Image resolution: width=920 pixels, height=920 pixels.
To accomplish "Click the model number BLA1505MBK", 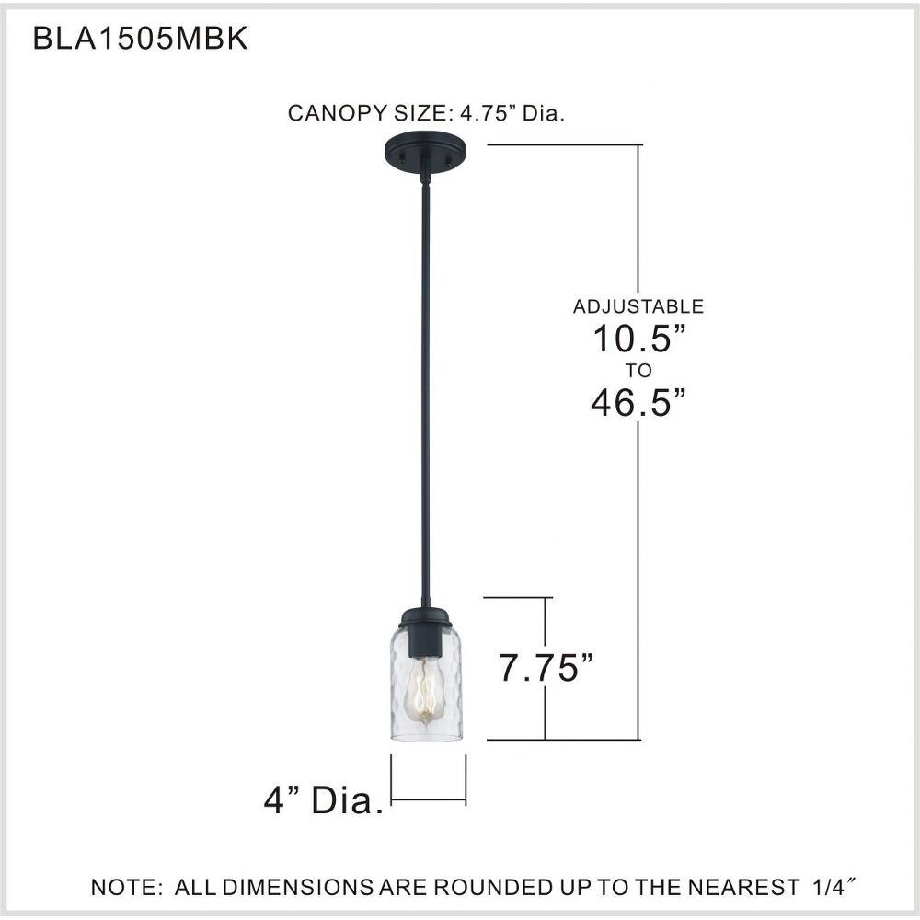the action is tap(140, 39).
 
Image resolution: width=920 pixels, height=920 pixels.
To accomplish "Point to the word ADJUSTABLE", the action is tap(638, 306).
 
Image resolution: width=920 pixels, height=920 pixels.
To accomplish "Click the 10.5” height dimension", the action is tap(639, 339).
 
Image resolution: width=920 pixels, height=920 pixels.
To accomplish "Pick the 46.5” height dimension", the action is tap(638, 402).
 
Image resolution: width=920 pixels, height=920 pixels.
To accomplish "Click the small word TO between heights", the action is tap(638, 371).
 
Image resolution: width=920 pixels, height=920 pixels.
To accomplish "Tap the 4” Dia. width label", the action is tap(323, 799).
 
